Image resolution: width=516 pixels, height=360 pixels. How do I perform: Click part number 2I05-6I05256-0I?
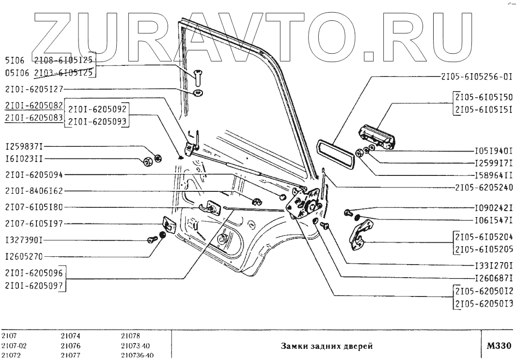(x=476, y=77)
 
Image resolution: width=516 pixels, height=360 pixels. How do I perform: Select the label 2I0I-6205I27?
(x=34, y=89)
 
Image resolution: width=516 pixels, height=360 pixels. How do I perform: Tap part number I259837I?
(x=24, y=146)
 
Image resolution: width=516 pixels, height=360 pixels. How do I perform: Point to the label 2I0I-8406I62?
(x=34, y=191)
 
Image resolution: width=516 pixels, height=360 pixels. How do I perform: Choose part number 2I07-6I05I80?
(x=34, y=207)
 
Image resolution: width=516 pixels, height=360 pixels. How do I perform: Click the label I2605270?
(x=24, y=256)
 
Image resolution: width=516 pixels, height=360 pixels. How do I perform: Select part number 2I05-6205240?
(x=484, y=187)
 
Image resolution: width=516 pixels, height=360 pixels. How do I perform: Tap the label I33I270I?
(x=494, y=265)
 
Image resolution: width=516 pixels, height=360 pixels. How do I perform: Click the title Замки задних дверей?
(x=327, y=346)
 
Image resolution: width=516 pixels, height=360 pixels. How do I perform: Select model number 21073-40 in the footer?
(x=135, y=346)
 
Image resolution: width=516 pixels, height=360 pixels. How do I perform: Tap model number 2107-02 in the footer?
(x=14, y=346)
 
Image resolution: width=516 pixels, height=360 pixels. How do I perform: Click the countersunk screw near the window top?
(x=198, y=78)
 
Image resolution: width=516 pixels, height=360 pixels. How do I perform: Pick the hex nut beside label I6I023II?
(x=148, y=161)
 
